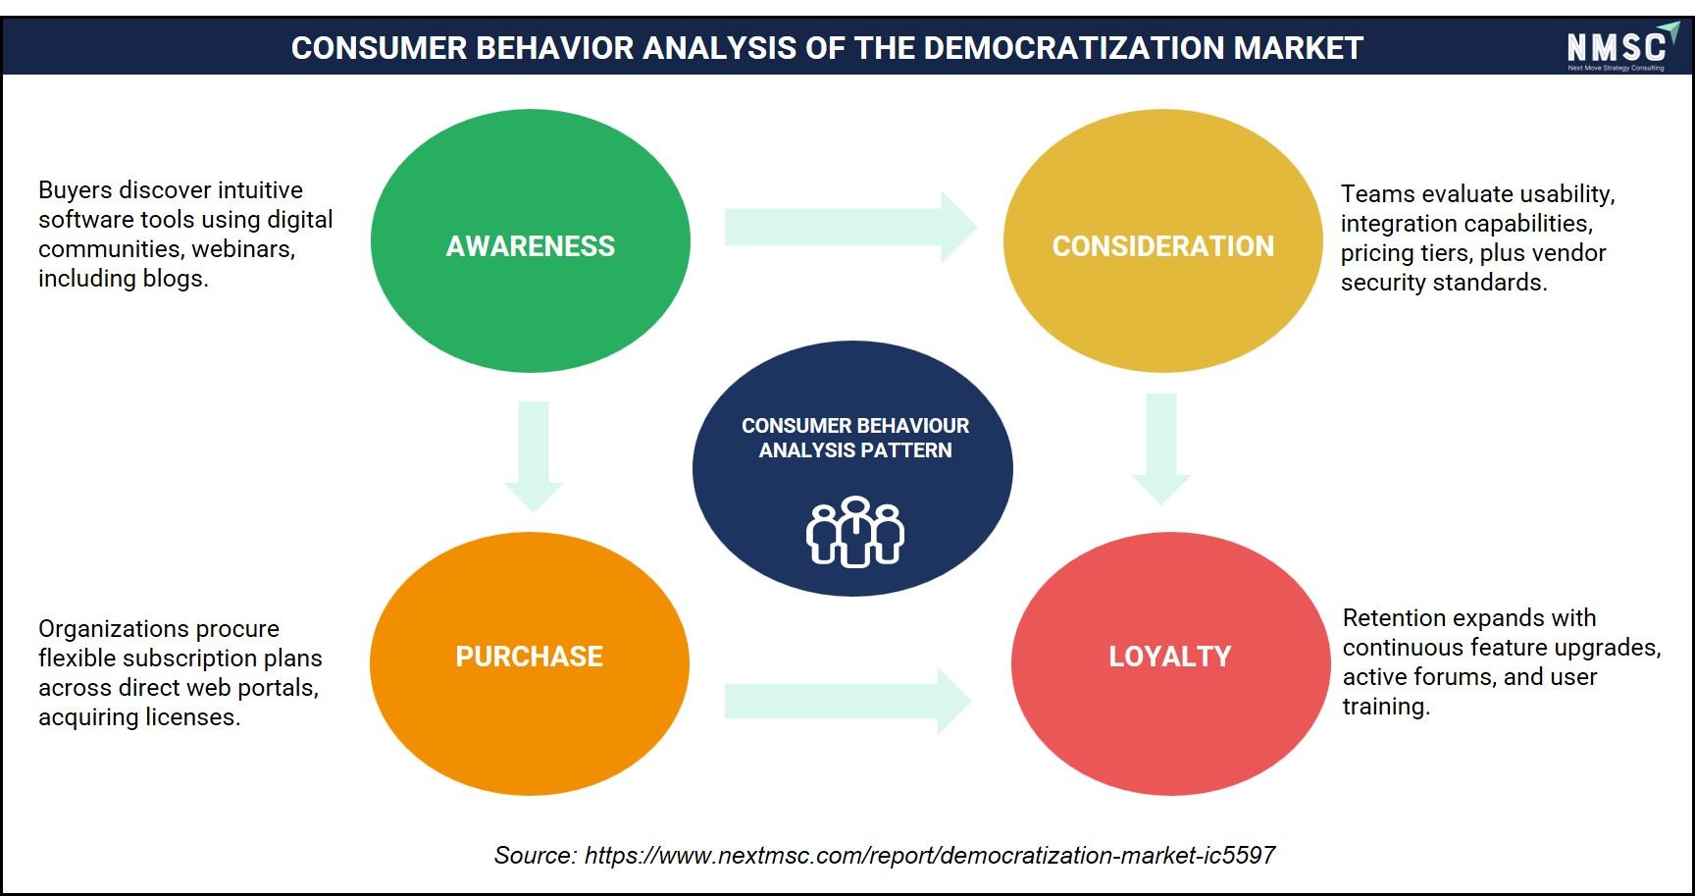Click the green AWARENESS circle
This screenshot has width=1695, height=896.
click(531, 240)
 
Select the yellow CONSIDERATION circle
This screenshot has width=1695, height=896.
click(1163, 240)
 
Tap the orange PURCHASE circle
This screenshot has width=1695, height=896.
click(530, 663)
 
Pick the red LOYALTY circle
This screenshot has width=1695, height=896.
click(1171, 663)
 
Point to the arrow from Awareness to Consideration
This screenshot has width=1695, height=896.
click(850, 227)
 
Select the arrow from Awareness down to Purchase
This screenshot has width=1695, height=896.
click(534, 456)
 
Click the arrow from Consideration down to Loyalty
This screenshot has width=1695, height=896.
click(1161, 449)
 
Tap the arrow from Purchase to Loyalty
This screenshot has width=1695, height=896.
click(848, 701)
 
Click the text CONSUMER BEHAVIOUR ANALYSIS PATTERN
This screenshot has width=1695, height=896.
click(855, 438)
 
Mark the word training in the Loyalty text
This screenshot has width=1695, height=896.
click(1386, 707)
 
